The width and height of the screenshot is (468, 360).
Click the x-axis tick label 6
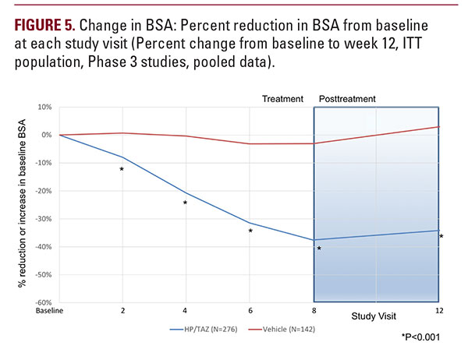click(x=250, y=310)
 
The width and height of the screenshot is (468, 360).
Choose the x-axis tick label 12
click(x=439, y=310)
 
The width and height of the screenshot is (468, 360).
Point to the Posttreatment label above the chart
click(x=348, y=99)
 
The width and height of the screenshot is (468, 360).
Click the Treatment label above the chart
click(x=283, y=99)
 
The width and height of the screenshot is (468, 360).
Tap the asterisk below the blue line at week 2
click(x=122, y=170)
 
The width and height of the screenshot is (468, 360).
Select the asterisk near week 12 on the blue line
click(x=441, y=237)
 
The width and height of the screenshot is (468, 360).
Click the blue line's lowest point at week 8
click(x=313, y=240)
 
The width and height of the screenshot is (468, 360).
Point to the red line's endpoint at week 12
click(x=439, y=126)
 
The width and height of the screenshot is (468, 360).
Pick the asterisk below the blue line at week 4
click(x=186, y=203)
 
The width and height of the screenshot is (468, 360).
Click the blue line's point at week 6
click(x=250, y=223)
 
